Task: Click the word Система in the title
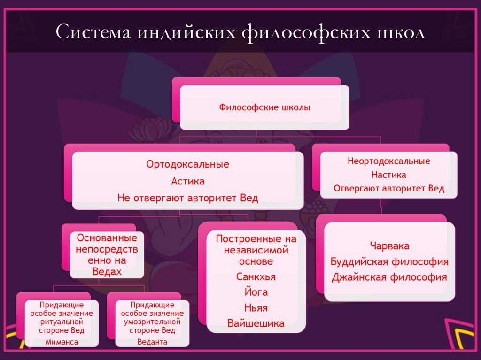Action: click(93, 34)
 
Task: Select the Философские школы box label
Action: click(264, 107)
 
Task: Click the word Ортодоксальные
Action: click(187, 165)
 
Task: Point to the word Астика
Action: click(187, 181)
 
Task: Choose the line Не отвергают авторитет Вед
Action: click(187, 198)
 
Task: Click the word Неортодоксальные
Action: click(389, 161)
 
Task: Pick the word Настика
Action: click(389, 175)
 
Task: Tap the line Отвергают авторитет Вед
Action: click(389, 188)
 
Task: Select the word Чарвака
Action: click(389, 246)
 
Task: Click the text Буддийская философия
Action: click(389, 261)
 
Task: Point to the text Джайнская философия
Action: click(389, 277)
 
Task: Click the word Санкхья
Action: click(256, 277)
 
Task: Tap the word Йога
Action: click(256, 292)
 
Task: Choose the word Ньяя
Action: click(256, 308)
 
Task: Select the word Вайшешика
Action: click(256, 323)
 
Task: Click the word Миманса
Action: click(62, 342)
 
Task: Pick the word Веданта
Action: click(152, 342)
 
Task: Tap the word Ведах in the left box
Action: click(107, 272)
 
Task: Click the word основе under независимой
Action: click(256, 261)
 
